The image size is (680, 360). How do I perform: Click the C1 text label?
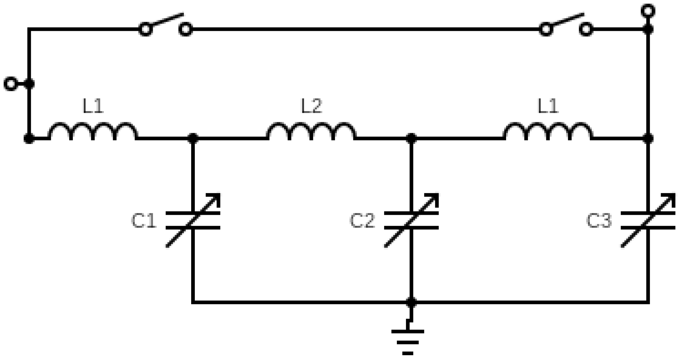click(x=144, y=221)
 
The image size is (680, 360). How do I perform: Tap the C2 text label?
click(x=362, y=221)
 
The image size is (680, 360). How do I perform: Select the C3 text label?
click(x=599, y=221)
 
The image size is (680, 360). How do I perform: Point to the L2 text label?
click(x=312, y=106)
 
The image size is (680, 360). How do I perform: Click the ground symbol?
click(x=408, y=342)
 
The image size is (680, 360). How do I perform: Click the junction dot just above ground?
click(x=411, y=302)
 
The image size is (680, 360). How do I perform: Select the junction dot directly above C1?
click(x=193, y=139)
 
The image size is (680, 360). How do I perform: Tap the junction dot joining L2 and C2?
click(x=411, y=139)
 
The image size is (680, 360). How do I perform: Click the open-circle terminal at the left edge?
click(x=11, y=84)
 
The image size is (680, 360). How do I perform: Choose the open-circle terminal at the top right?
click(x=648, y=11)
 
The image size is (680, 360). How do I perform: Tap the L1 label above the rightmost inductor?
click(x=548, y=106)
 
